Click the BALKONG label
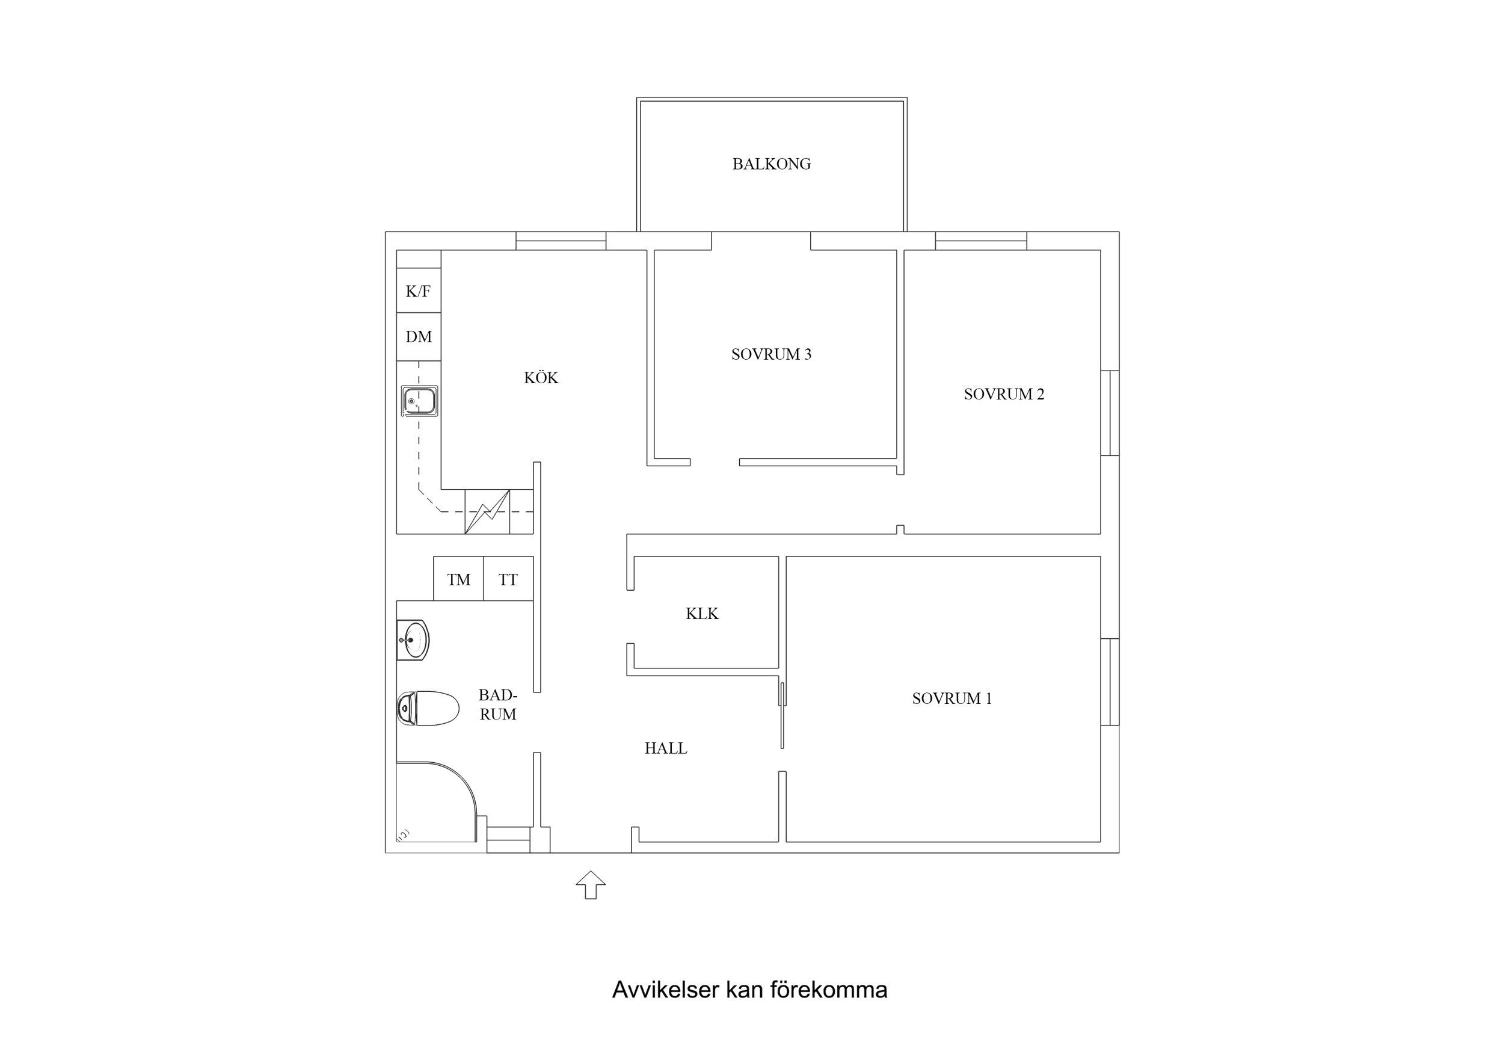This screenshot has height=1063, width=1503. click(771, 164)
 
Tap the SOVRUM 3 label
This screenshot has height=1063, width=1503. click(771, 354)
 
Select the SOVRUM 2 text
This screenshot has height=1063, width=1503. click(1004, 394)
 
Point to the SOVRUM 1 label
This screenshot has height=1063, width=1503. click(952, 699)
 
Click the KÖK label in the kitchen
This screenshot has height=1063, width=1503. click(541, 378)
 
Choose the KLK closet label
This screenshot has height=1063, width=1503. click(702, 614)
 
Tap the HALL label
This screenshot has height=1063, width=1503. click(666, 748)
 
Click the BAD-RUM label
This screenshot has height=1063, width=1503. click(497, 704)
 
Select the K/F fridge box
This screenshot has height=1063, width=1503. click(418, 291)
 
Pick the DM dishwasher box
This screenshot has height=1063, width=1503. click(418, 337)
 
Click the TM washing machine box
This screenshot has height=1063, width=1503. click(458, 579)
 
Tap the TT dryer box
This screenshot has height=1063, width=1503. click(508, 579)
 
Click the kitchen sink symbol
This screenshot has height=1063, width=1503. click(420, 401)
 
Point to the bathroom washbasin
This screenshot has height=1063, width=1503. click(413, 640)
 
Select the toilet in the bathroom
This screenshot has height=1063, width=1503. click(428, 708)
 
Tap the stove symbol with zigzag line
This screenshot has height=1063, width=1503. click(487, 511)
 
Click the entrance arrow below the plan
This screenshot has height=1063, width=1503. click(591, 885)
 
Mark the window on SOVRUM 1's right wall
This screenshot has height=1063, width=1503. click(1110, 682)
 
